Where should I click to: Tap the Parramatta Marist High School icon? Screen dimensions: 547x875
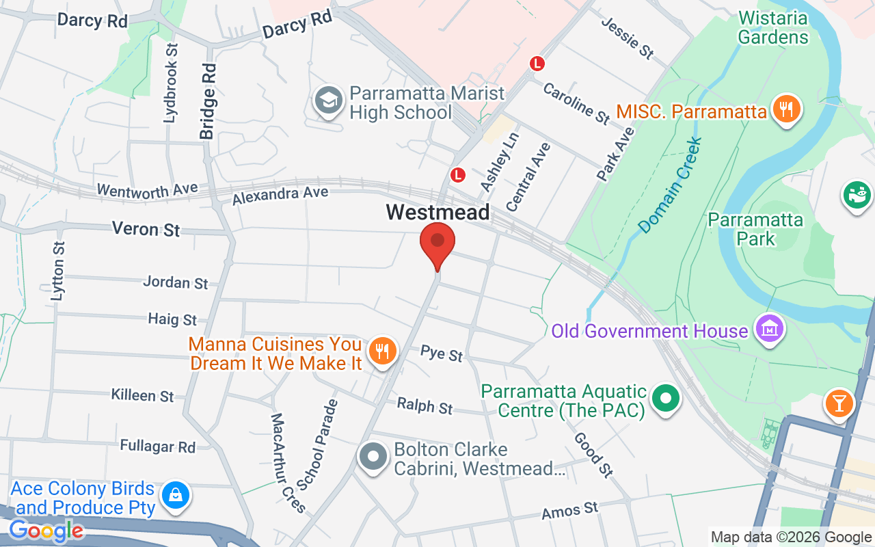tap(329, 101)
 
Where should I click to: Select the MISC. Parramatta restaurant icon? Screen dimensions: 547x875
tap(786, 109)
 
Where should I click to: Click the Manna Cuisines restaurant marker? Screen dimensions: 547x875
tap(382, 351)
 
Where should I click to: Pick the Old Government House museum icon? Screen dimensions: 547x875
tap(769, 330)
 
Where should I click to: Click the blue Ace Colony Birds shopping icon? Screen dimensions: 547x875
tap(176, 495)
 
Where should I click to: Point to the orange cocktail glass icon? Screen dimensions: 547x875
tap(839, 402)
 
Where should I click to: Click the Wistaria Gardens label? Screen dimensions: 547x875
tap(773, 27)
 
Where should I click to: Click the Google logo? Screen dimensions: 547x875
tap(46, 530)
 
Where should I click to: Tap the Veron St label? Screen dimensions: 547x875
tap(146, 229)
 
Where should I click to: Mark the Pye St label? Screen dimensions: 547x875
tap(442, 353)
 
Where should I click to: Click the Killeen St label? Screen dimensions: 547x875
tap(143, 395)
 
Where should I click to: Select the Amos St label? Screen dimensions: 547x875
tap(569, 510)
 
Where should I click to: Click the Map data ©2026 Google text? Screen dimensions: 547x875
tap(791, 537)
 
